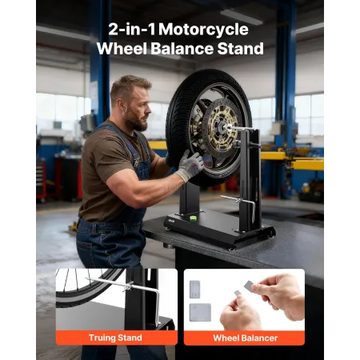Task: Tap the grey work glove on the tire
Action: click(190, 165)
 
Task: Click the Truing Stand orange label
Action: click(116, 338)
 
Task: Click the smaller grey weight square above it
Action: click(198, 286)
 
